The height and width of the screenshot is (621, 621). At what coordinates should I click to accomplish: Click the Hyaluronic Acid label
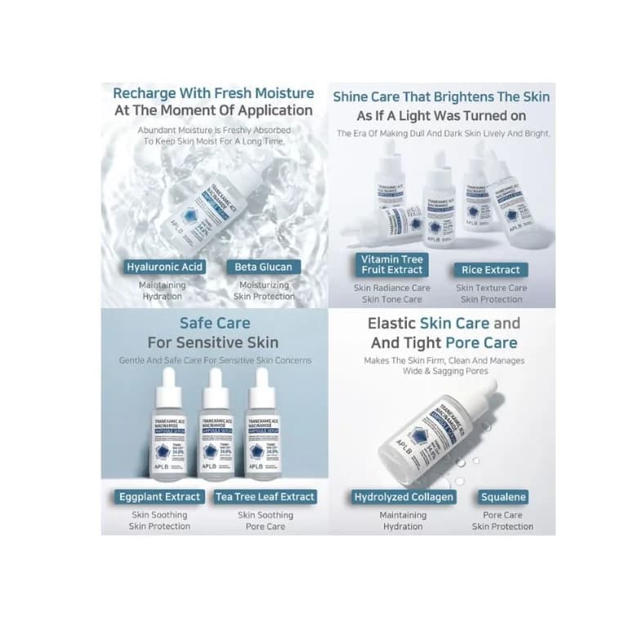pos(164,267)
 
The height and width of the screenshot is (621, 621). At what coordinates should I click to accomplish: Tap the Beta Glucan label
pos(262,267)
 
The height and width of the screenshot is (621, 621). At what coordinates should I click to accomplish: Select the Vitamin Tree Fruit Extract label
pos(391,264)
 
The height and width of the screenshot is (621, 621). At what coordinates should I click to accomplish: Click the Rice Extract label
pos(490,270)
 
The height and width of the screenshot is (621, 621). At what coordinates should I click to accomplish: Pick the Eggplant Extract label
pos(159,497)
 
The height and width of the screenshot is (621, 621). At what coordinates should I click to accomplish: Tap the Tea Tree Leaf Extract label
pos(264,497)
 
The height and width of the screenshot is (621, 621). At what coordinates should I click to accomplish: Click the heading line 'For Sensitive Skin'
pos(213,342)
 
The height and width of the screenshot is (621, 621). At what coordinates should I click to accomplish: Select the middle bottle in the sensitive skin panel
pos(217,433)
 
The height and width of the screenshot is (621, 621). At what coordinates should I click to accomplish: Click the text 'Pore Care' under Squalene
pos(503,516)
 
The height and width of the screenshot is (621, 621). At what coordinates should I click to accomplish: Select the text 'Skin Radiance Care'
pos(391,288)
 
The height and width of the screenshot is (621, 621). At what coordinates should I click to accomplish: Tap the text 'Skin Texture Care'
pos(490,288)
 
